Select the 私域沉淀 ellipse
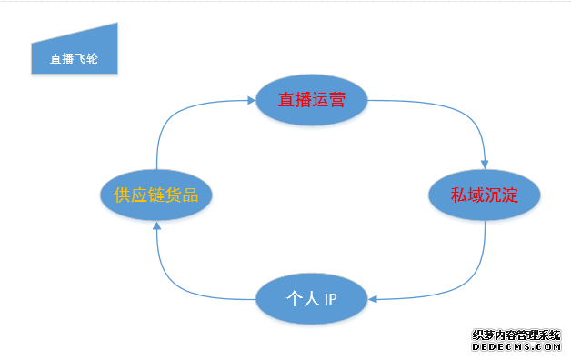pos(484,194)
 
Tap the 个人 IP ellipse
pos(311,298)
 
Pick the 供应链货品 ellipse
pos(156,194)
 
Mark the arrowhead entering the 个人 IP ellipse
pos(373,298)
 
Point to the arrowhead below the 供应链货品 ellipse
pos(156,226)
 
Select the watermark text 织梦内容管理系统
pos(516,335)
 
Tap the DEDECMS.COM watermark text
pos(516,346)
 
